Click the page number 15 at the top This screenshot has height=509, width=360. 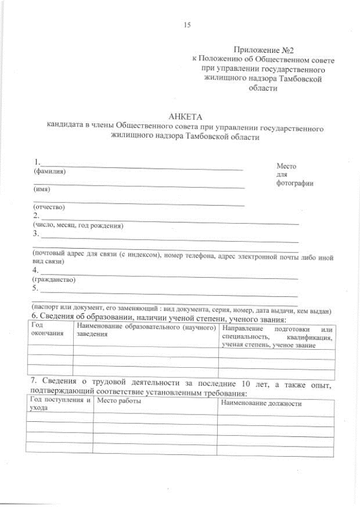coord(187,24)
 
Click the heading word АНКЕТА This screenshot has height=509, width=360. coord(184,116)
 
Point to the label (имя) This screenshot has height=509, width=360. coord(42,190)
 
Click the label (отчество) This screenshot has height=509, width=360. coord(49,207)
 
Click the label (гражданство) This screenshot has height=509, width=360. coord(54,280)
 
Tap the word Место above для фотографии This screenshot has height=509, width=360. coord(286,166)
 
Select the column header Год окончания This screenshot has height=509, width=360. coord(44,330)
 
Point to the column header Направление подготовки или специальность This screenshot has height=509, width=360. coord(277,336)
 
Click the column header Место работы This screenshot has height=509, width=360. coord(118,401)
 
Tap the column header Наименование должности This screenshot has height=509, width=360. coord(262,404)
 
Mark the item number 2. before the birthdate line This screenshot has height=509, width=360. coord(36,216)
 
